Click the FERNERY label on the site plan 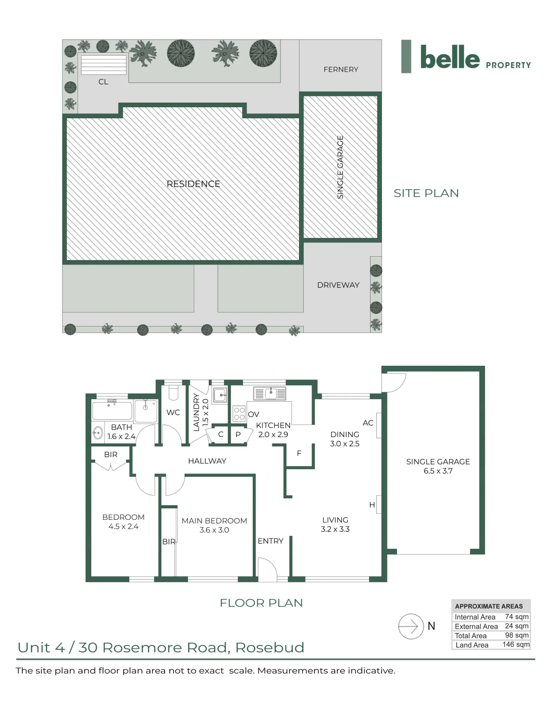(x=341, y=69)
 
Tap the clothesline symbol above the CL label (x=104, y=65)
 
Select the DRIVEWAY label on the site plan (x=338, y=285)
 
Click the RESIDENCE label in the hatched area (x=193, y=184)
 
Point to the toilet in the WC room (x=173, y=392)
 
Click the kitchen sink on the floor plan (x=270, y=393)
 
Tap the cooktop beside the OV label (x=239, y=414)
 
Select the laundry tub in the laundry (x=220, y=395)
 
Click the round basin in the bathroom (x=98, y=432)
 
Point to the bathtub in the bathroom (x=112, y=411)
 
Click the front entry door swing (x=268, y=569)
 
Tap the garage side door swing (x=394, y=383)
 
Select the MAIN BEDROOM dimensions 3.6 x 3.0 (x=214, y=530)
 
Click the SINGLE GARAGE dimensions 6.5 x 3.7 (x=438, y=471)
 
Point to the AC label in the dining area (x=368, y=423)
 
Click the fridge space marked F (x=299, y=453)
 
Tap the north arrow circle (x=411, y=626)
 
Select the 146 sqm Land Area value (x=516, y=644)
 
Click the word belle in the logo (x=450, y=57)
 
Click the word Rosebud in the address (x=270, y=647)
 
